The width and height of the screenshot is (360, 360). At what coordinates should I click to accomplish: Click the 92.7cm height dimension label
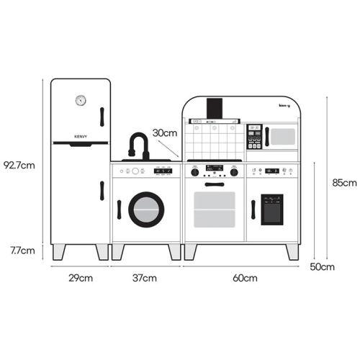(x=19, y=166)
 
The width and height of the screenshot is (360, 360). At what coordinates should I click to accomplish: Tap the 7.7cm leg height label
(x=22, y=251)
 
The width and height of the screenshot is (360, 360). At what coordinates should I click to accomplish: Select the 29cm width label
(x=81, y=278)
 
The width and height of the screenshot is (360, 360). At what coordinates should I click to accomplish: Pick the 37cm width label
(x=145, y=278)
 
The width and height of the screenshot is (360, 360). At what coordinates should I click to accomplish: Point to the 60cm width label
(x=245, y=278)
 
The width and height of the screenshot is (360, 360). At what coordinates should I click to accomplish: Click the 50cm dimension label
(x=322, y=266)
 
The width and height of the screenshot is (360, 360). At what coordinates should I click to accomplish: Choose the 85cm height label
(x=344, y=183)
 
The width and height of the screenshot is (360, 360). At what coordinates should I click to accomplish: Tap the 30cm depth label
(x=165, y=133)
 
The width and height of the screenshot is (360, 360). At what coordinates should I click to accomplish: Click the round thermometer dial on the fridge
(x=81, y=100)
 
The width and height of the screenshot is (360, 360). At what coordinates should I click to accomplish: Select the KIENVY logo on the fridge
(x=81, y=137)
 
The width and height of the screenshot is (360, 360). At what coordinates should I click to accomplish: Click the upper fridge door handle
(x=102, y=117)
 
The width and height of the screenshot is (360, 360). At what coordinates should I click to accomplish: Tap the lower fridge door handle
(x=102, y=191)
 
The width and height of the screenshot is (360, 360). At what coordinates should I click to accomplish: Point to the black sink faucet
(x=139, y=145)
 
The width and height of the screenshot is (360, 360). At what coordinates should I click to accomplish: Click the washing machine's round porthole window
(x=146, y=210)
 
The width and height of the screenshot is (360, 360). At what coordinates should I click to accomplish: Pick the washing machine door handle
(x=119, y=210)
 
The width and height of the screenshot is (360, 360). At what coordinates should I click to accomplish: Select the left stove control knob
(x=195, y=172)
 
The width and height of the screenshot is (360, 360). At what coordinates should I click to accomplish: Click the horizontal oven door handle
(x=215, y=184)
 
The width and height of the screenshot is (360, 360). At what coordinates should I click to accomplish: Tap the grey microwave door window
(x=283, y=137)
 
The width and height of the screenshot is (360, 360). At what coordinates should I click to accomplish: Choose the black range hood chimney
(x=215, y=109)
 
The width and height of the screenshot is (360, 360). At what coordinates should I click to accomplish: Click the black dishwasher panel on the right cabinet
(x=272, y=210)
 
